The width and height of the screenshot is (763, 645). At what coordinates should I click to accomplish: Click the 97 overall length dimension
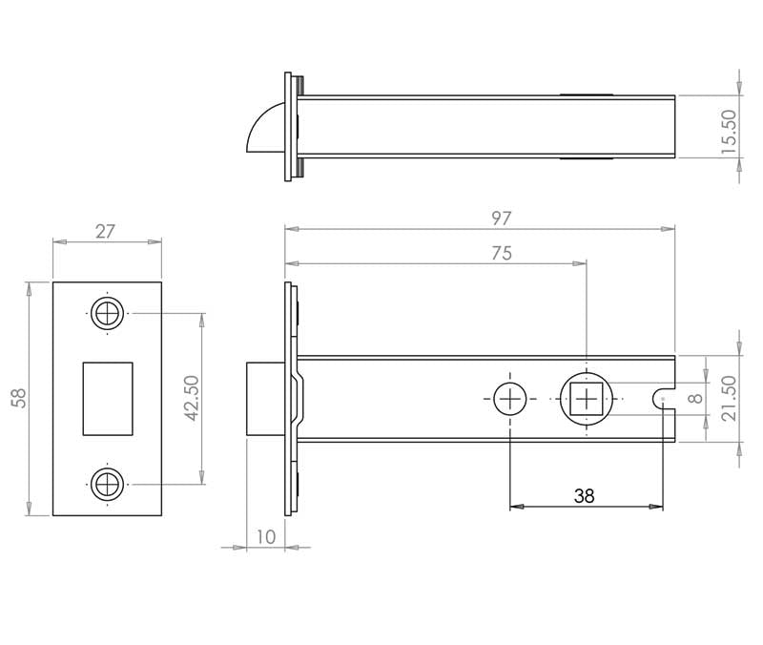pyautogui.click(x=502, y=218)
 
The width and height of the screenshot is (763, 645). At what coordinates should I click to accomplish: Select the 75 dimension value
pyautogui.click(x=501, y=253)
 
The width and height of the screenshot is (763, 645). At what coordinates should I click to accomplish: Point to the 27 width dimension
pyautogui.click(x=106, y=230)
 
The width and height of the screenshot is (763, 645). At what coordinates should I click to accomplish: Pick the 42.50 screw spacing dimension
pyautogui.click(x=191, y=398)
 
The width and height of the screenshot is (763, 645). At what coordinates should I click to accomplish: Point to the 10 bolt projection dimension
pyautogui.click(x=265, y=537)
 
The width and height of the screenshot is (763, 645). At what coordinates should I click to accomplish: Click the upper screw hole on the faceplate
pyautogui.click(x=107, y=313)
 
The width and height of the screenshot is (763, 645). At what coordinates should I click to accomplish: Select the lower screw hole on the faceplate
pyautogui.click(x=107, y=484)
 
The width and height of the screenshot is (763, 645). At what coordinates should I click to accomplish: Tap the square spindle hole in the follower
pyautogui.click(x=584, y=399)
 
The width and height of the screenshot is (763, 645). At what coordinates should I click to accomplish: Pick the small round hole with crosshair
pyautogui.click(x=510, y=399)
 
